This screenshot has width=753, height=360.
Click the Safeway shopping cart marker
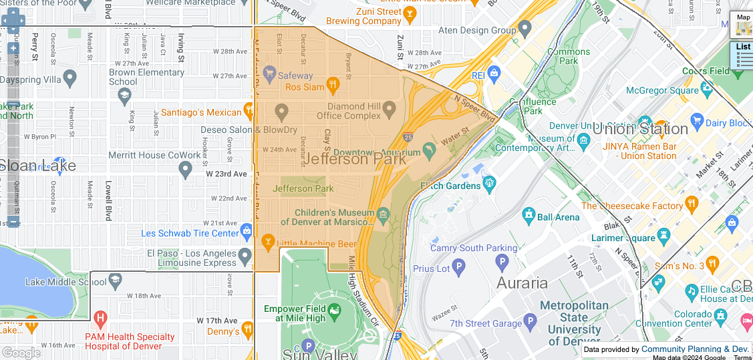pos(269,71)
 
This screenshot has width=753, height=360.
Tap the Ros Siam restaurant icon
pos(333,84)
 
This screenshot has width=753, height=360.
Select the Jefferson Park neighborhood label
pos(354,159)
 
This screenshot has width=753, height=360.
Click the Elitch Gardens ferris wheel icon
pos(490,182)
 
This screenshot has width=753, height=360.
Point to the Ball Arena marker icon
pos(529,214)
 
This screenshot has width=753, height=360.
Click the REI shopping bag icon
pos(494,72)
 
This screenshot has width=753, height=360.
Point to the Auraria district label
pos(522,283)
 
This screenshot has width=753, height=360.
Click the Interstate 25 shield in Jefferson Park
pos(408,137)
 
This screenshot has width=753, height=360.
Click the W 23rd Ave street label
pos(226,174)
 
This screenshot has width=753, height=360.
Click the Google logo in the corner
pos(21,353)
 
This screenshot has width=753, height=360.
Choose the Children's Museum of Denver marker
pos(383,214)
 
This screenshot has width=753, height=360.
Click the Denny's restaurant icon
pos(248,328)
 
